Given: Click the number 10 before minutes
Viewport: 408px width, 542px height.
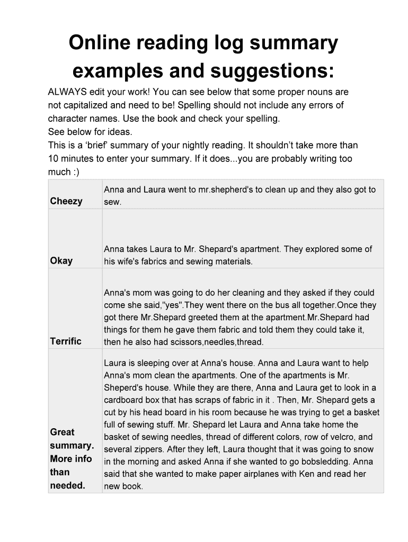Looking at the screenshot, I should click(x=53, y=158).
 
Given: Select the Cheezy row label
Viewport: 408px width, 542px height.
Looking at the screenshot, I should click(x=66, y=201).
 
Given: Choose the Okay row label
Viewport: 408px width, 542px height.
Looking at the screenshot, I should click(x=61, y=260).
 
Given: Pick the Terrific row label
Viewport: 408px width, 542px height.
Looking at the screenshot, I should click(x=66, y=341).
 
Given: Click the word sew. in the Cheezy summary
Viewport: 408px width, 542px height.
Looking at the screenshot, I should click(x=113, y=202).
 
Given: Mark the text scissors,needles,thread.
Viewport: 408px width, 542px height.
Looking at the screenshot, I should click(x=215, y=342).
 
